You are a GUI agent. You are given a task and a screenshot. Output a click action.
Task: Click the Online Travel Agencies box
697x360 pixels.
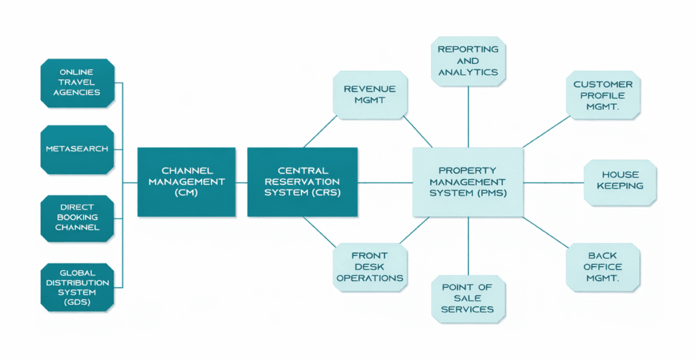tap(78, 83)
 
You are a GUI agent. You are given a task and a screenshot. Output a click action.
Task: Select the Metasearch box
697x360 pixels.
tap(78, 149)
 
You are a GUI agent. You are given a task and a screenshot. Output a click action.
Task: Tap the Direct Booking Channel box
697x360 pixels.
tap(78, 218)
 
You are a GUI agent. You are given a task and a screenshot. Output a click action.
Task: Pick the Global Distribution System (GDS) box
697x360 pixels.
tap(78, 288)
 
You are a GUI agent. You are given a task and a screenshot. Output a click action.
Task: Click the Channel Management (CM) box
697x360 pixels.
tap(187, 182)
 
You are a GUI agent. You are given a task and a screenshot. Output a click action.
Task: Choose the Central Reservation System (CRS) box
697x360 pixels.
tap(302, 182)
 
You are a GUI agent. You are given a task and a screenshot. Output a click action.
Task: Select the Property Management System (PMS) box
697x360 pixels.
tap(468, 182)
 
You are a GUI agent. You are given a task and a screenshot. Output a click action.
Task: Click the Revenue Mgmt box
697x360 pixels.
tap(370, 95)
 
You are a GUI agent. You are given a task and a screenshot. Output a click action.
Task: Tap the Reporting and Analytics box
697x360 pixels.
tap(468, 61)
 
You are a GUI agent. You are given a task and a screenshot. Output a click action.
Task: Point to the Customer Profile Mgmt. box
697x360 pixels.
tap(603, 95)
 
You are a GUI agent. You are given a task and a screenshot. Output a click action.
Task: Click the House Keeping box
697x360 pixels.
tap(620, 182)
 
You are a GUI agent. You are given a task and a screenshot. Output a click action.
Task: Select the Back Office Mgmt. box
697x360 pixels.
tap(603, 267)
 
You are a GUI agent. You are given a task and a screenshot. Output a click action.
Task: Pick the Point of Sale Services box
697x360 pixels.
tap(468, 299)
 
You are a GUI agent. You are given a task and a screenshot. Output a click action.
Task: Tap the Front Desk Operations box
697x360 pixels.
tap(370, 267)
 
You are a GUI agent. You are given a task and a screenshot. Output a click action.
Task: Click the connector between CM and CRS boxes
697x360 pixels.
tap(242, 182)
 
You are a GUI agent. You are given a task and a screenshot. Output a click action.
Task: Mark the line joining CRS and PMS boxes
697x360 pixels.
tap(385, 182)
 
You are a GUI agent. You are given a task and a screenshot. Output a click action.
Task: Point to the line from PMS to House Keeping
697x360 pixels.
tap(553, 182)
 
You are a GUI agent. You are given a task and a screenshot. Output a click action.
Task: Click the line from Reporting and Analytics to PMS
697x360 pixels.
tap(468, 117)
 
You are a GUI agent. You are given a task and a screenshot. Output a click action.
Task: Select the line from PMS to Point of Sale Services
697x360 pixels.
tap(468, 246)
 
